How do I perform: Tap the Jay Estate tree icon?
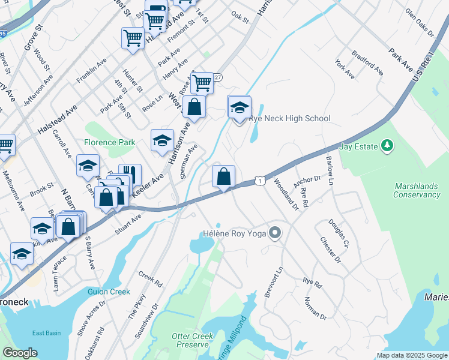387,145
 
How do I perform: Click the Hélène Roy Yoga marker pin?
276,232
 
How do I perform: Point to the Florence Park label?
109,142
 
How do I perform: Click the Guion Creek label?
109,292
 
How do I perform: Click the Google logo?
20,352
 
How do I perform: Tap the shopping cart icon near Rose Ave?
203,83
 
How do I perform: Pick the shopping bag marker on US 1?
223,177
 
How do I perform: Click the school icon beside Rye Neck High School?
239,108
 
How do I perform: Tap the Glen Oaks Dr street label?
419,22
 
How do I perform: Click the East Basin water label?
46,333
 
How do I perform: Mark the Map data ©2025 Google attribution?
412,355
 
